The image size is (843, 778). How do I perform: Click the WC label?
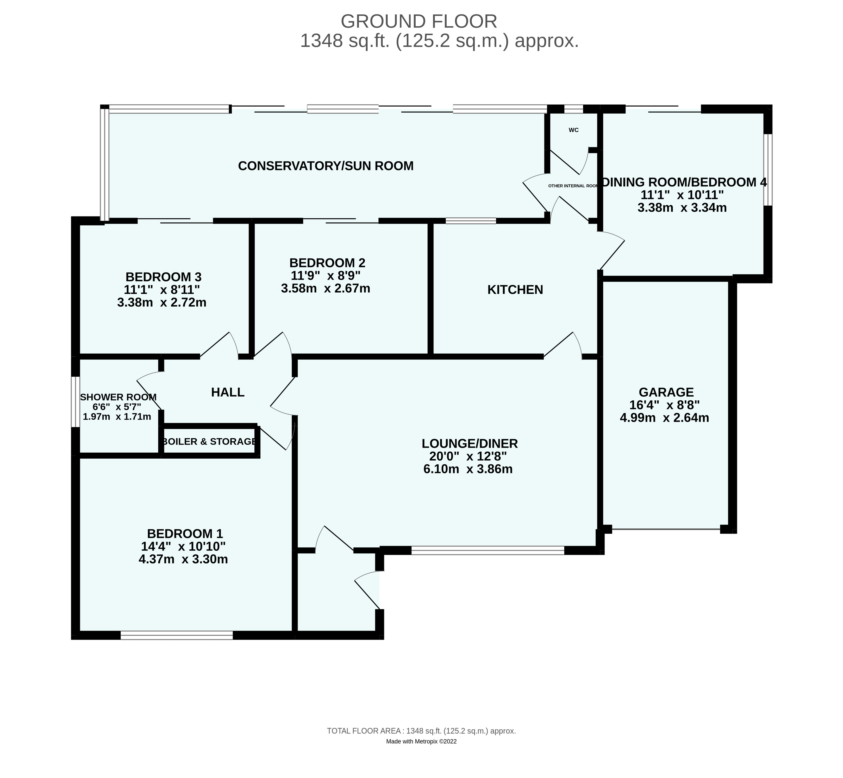573,130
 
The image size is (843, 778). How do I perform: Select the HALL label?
228,392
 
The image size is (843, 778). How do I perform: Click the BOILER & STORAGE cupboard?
209,442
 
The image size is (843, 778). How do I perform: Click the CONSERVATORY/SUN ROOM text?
326,166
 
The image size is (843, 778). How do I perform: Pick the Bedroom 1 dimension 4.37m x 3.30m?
183,559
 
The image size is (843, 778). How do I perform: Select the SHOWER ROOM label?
118,397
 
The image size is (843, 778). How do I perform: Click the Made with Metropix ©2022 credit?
421,753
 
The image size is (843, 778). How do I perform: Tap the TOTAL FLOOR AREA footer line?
421,743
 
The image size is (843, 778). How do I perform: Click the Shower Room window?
75,402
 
